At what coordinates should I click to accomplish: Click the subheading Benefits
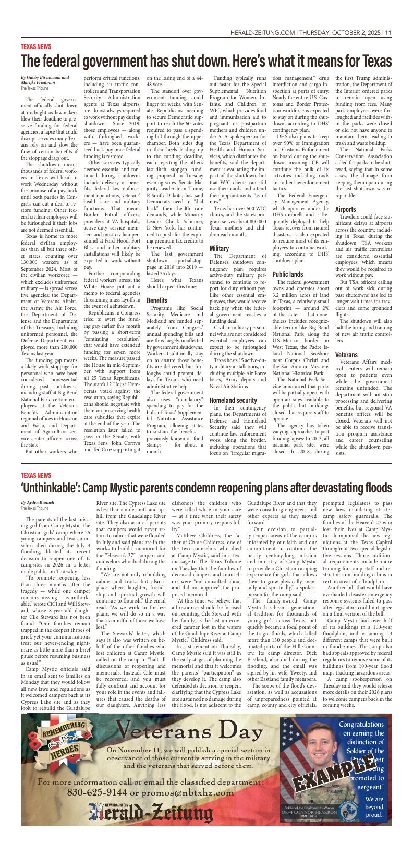(x=157, y=301)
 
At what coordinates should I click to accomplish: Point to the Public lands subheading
(x=287, y=274)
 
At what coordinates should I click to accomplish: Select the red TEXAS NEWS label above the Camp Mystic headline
(x=36, y=475)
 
